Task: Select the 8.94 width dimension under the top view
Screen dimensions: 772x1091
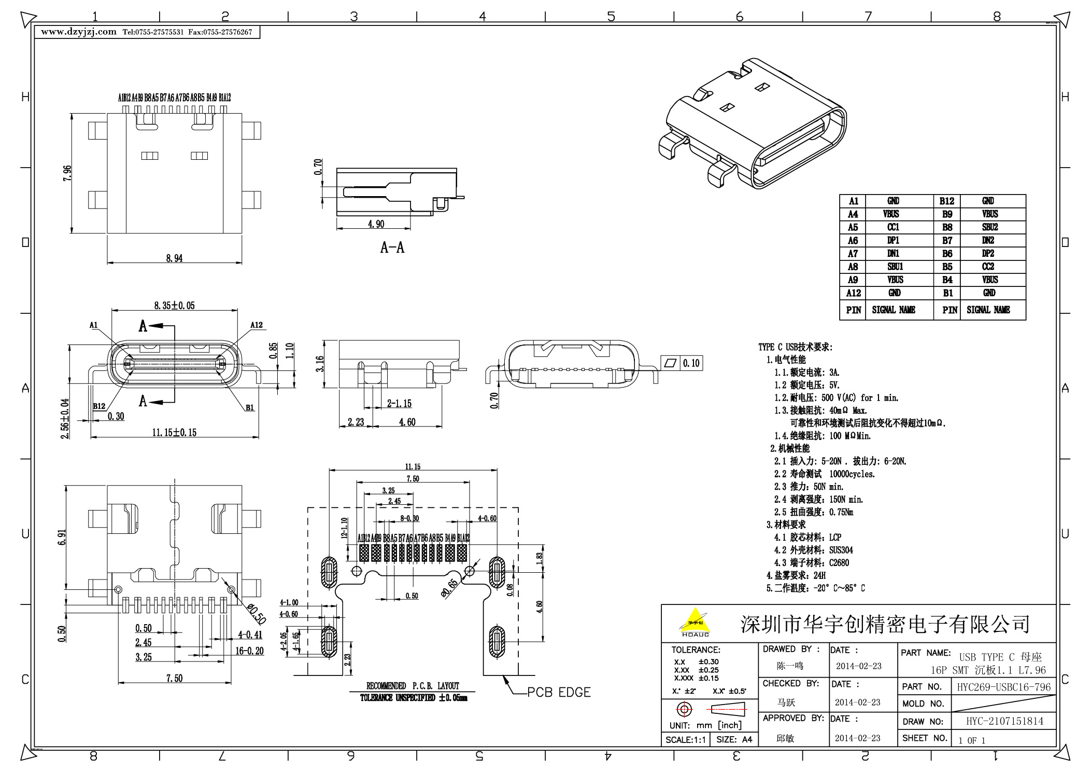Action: tap(174, 258)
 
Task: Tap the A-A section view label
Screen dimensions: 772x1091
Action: tap(392, 247)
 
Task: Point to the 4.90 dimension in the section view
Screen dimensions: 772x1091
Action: tap(376, 224)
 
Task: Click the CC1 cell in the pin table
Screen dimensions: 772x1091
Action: tap(893, 227)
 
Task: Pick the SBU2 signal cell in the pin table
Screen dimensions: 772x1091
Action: tap(989, 227)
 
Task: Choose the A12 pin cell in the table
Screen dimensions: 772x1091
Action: tap(853, 293)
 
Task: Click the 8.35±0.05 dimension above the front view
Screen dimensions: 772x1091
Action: tap(175, 306)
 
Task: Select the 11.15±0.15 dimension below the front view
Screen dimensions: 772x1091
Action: tap(174, 432)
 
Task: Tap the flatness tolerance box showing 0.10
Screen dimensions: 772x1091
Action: tap(682, 363)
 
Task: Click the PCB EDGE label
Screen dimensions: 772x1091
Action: tap(559, 692)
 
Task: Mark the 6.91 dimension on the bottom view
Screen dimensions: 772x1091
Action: tap(63, 536)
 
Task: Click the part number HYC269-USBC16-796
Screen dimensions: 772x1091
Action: tap(1003, 687)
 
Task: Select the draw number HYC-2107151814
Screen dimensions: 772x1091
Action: tap(1004, 721)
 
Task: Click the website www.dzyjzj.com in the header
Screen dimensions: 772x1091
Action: tap(79, 32)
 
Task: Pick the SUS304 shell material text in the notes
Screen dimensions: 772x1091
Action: tap(841, 550)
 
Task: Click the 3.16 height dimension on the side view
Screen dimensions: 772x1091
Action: tap(320, 364)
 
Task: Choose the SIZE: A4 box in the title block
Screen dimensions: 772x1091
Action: tap(734, 739)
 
